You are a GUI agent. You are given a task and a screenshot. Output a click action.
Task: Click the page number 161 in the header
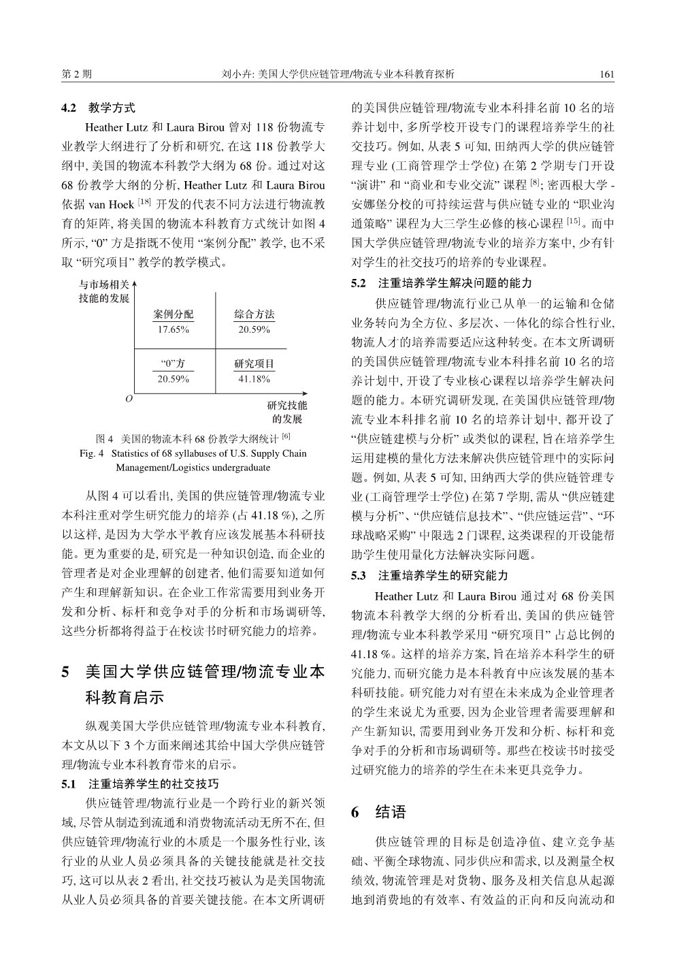click(608, 74)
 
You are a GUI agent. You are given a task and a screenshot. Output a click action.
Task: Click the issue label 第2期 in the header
click(76, 74)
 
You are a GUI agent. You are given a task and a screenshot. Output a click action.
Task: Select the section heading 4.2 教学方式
click(99, 108)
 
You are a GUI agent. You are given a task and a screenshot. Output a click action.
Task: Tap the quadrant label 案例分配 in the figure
click(174, 314)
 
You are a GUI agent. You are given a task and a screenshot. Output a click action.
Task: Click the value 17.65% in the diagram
click(174, 329)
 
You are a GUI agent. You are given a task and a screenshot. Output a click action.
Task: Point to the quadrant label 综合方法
click(254, 314)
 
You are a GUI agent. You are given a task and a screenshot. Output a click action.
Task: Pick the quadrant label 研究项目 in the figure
click(254, 364)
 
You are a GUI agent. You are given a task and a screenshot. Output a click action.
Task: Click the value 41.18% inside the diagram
click(254, 379)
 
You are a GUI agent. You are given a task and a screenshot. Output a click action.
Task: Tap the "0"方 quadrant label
click(174, 364)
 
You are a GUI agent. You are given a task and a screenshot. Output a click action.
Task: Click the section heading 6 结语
click(379, 812)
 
